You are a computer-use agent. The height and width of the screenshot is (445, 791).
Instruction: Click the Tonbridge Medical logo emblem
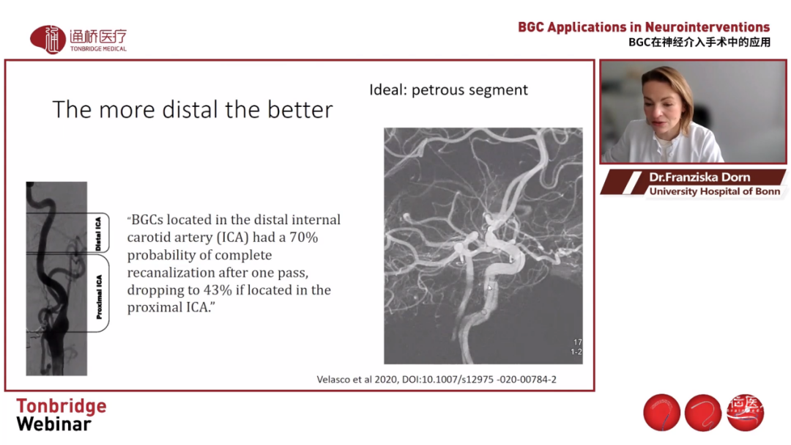[48, 40]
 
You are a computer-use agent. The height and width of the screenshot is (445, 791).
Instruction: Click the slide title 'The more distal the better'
[193, 110]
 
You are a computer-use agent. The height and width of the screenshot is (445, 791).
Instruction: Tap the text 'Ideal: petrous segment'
[448, 90]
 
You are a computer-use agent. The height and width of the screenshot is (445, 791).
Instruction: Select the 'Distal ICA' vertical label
[98, 233]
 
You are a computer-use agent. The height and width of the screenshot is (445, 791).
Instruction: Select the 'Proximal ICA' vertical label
[99, 296]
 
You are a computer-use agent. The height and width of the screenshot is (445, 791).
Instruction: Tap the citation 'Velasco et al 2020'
[357, 379]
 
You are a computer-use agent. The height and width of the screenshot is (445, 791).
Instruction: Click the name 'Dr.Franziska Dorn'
[699, 177]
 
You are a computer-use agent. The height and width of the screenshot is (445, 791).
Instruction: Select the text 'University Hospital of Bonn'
[714, 191]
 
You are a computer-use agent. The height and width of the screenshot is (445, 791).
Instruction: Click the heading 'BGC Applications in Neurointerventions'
[644, 27]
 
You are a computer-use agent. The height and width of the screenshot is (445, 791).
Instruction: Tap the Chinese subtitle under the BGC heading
[699, 43]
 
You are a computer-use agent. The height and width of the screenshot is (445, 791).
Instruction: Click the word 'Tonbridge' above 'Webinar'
[62, 406]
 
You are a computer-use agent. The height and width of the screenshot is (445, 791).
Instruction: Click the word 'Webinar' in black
[54, 424]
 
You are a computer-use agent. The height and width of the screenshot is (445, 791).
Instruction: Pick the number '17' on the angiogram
[578, 342]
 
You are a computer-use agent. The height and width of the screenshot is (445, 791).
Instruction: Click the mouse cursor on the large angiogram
[489, 288]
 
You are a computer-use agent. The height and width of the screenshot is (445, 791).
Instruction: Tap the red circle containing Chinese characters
[745, 412]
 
